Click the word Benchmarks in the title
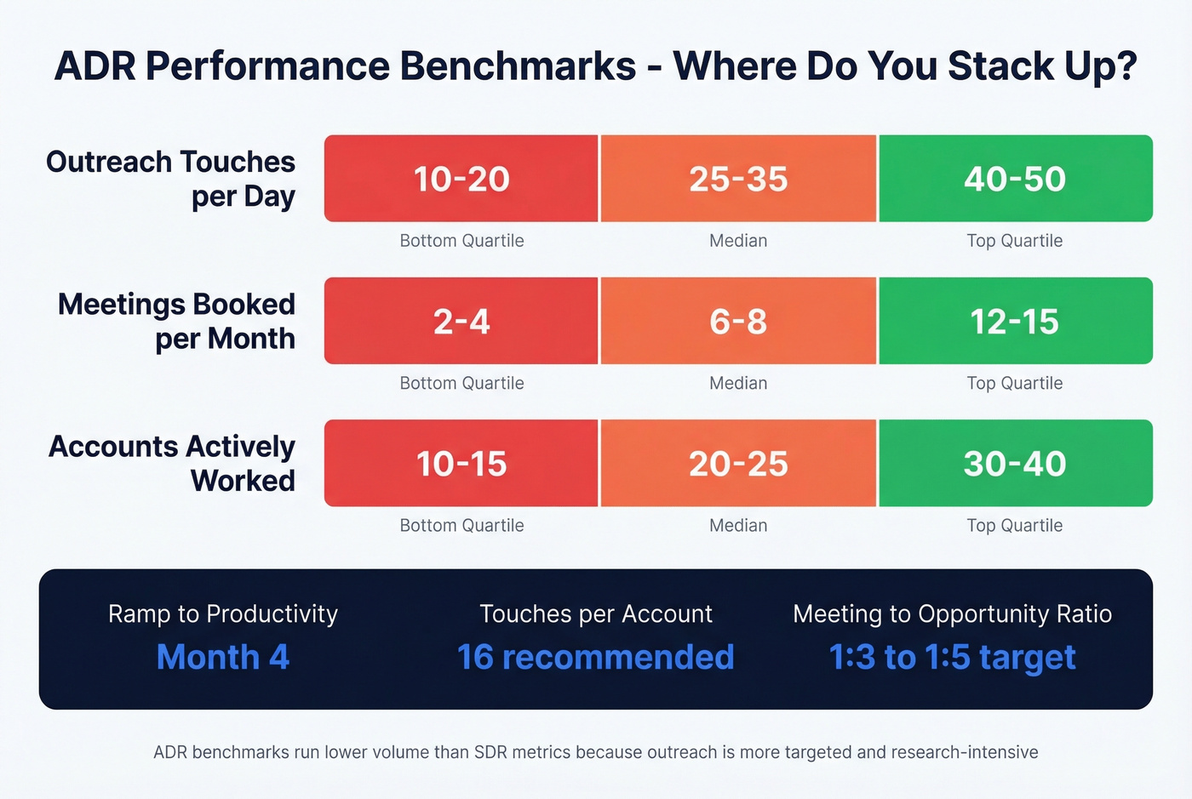pyautogui.click(x=518, y=66)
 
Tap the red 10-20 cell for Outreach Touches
pyautogui.click(x=461, y=179)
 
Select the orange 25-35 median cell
pyautogui.click(x=738, y=179)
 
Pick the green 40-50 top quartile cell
pyautogui.click(x=1015, y=179)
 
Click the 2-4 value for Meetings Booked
pyautogui.click(x=461, y=322)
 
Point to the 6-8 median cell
pyautogui.click(x=738, y=322)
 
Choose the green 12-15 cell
pyautogui.click(x=1015, y=322)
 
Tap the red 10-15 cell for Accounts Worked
pyautogui.click(x=461, y=464)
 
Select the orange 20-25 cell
pyautogui.click(x=738, y=464)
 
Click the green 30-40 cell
pyautogui.click(x=1015, y=464)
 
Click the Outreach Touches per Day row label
pyautogui.click(x=171, y=179)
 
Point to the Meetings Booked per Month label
pyautogui.click(x=176, y=321)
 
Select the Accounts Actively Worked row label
pyautogui.click(x=172, y=463)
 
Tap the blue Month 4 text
pyautogui.click(x=223, y=657)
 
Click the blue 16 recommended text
pyautogui.click(x=595, y=657)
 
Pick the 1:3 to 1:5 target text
pyautogui.click(x=952, y=657)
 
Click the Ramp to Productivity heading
pyautogui.click(x=223, y=614)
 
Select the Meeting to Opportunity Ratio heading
pyautogui.click(x=952, y=614)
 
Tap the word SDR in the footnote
pyautogui.click(x=490, y=752)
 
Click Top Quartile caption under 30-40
pyautogui.click(x=1015, y=526)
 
